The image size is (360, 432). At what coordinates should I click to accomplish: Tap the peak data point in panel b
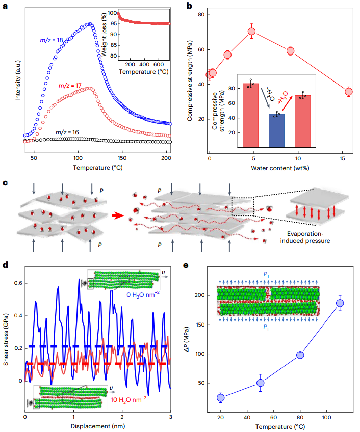pyautogui.click(x=251, y=32)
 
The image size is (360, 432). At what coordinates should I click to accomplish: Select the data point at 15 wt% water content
pyautogui.click(x=349, y=92)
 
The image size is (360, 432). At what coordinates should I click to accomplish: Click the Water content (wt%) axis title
pyautogui.click(x=279, y=168)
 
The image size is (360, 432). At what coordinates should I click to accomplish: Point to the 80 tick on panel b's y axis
pyautogui.click(x=201, y=15)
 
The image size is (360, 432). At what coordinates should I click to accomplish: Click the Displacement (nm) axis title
pyautogui.click(x=97, y=426)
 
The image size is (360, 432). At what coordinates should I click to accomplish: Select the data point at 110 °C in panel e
pyautogui.click(x=340, y=303)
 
